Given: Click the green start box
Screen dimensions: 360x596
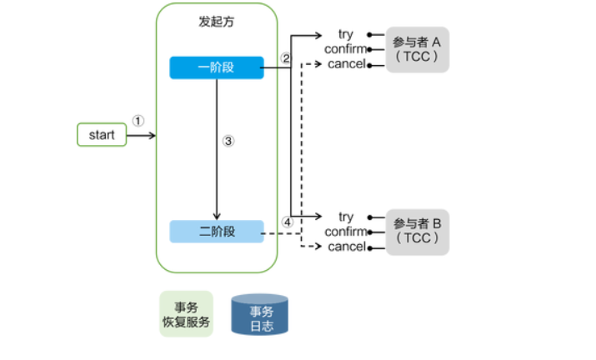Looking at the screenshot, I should click(102, 134).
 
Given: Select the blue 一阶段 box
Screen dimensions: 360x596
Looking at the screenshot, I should click(217, 67).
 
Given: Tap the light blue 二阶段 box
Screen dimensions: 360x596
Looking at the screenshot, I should click(217, 232).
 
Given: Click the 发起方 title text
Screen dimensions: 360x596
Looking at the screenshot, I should click(217, 23).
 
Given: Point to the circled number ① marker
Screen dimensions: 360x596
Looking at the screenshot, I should click(138, 120).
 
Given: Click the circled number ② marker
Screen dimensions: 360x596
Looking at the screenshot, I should click(286, 58).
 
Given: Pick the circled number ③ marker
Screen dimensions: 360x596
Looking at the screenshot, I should click(229, 141).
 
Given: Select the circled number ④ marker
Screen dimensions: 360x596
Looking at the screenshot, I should click(288, 222).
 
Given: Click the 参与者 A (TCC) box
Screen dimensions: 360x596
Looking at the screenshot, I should click(417, 49).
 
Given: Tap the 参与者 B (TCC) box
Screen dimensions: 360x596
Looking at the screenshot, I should click(417, 231).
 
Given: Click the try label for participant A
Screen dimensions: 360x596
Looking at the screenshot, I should click(346, 34).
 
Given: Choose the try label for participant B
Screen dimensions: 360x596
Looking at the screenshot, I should click(346, 217).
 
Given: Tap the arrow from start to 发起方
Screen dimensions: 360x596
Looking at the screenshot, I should click(142, 134).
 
